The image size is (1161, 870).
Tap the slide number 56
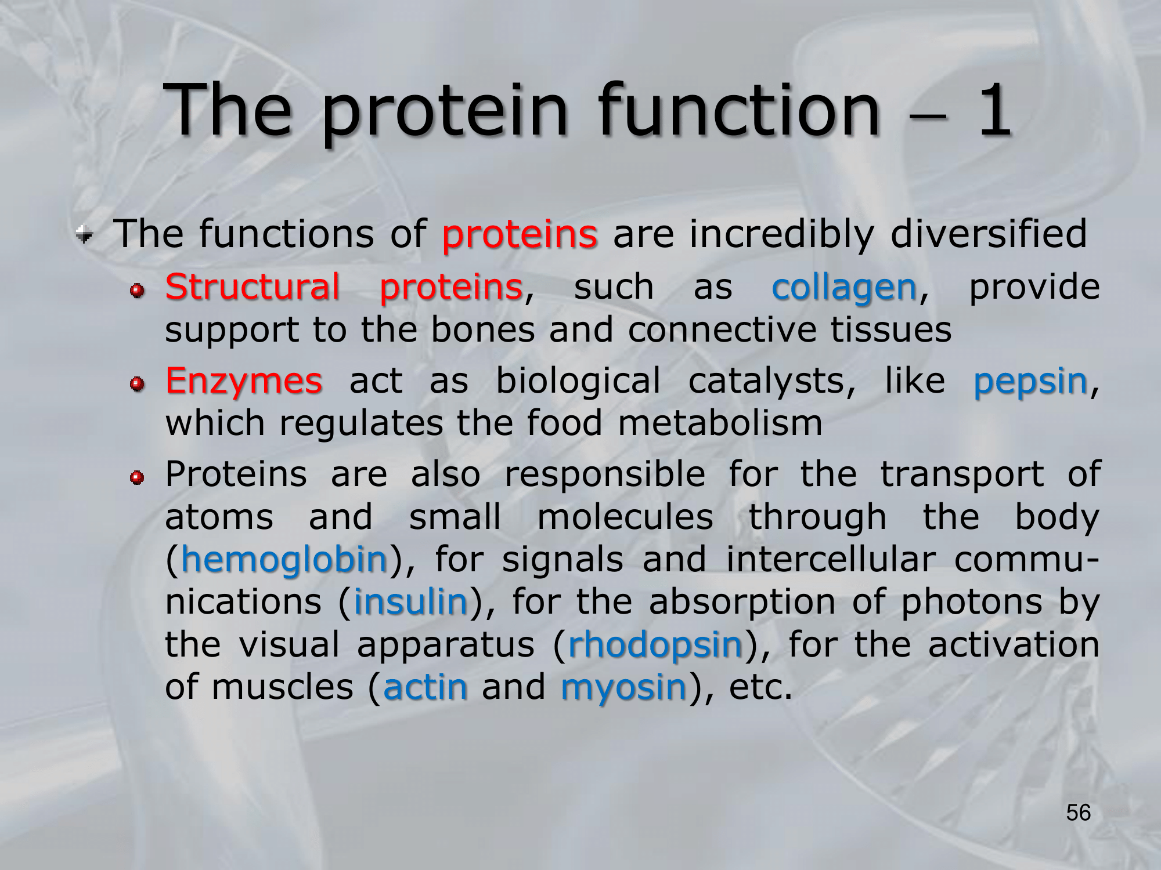point(1079,813)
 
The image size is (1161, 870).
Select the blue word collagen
point(844,288)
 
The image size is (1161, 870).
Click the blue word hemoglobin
point(284,560)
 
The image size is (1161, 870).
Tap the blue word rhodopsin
point(656,646)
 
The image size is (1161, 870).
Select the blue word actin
point(426,687)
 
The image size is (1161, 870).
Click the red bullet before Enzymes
point(137,384)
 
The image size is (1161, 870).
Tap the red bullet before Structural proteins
point(137,290)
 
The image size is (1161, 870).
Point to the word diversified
point(988,234)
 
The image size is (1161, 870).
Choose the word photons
point(971,603)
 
